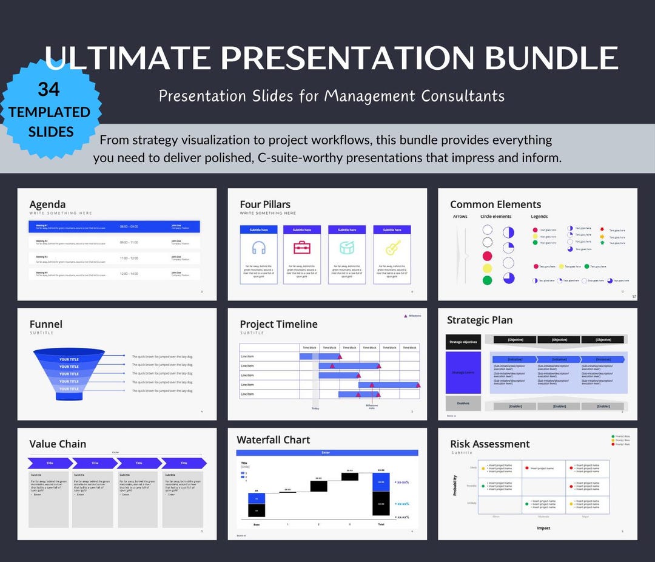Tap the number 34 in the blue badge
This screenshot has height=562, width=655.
click(x=49, y=89)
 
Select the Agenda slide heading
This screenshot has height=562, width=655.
click(x=47, y=205)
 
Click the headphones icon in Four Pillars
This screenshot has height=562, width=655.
click(x=258, y=248)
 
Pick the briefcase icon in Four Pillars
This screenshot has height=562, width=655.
click(x=302, y=248)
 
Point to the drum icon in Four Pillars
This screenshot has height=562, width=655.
click(x=347, y=248)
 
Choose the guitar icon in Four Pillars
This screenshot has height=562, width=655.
click(x=392, y=248)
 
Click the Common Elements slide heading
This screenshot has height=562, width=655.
click(x=495, y=205)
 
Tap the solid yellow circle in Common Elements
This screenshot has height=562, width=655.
click(x=487, y=268)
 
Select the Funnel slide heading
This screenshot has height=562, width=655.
click(x=46, y=324)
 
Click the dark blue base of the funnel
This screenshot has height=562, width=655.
click(x=69, y=396)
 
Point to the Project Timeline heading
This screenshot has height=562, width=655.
click(x=278, y=324)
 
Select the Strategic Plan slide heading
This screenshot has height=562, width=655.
click(x=480, y=320)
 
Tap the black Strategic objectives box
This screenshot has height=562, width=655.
click(x=463, y=342)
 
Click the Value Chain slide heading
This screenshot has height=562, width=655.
click(x=58, y=444)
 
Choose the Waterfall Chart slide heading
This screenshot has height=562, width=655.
click(x=273, y=439)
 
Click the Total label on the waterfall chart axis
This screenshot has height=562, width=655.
click(x=381, y=524)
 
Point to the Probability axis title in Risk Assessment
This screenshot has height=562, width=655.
click(x=455, y=485)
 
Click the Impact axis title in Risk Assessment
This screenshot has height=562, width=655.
click(x=543, y=528)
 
